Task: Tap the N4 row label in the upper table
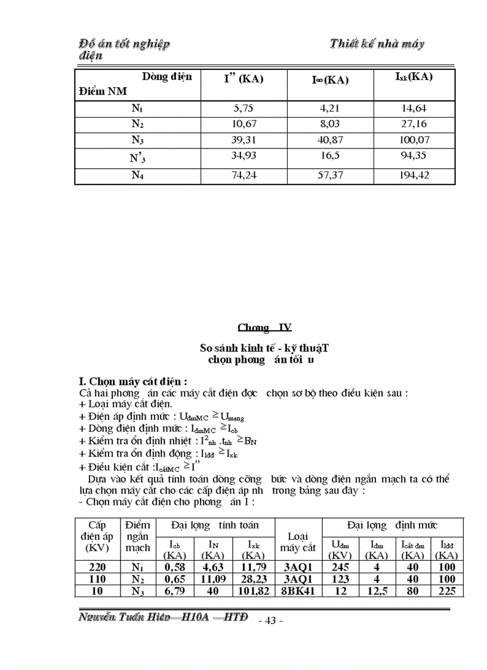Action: (x=137, y=176)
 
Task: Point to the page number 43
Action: (x=270, y=620)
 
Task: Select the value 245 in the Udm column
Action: (x=338, y=567)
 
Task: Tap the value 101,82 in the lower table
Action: (x=252, y=591)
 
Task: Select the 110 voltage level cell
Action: (x=97, y=579)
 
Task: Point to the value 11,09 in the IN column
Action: (x=213, y=579)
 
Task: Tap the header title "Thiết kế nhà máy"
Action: (x=377, y=44)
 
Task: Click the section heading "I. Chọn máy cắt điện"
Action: (x=134, y=381)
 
